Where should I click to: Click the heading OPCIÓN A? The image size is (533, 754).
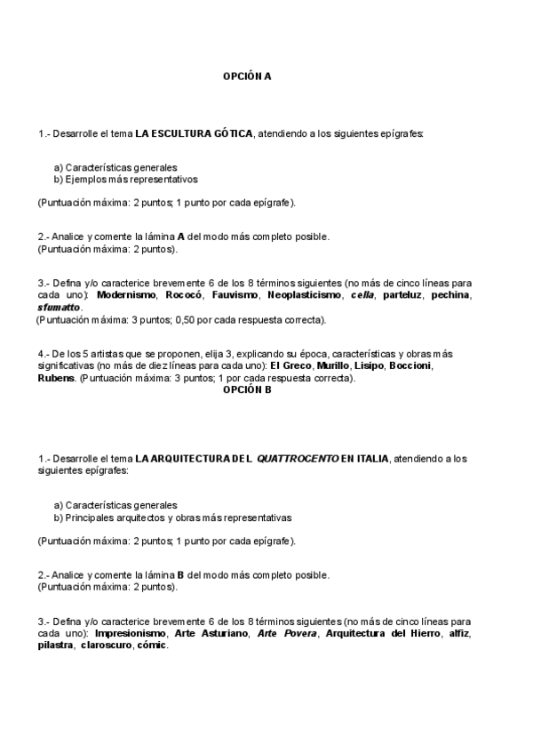pyautogui.click(x=246, y=76)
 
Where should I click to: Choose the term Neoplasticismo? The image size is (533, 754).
pyautogui.click(x=304, y=294)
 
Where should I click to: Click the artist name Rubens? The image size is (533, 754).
pyautogui.click(x=56, y=378)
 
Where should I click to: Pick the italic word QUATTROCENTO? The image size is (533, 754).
pyautogui.click(x=298, y=459)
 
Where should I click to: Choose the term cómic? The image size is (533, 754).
pyautogui.click(x=152, y=646)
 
